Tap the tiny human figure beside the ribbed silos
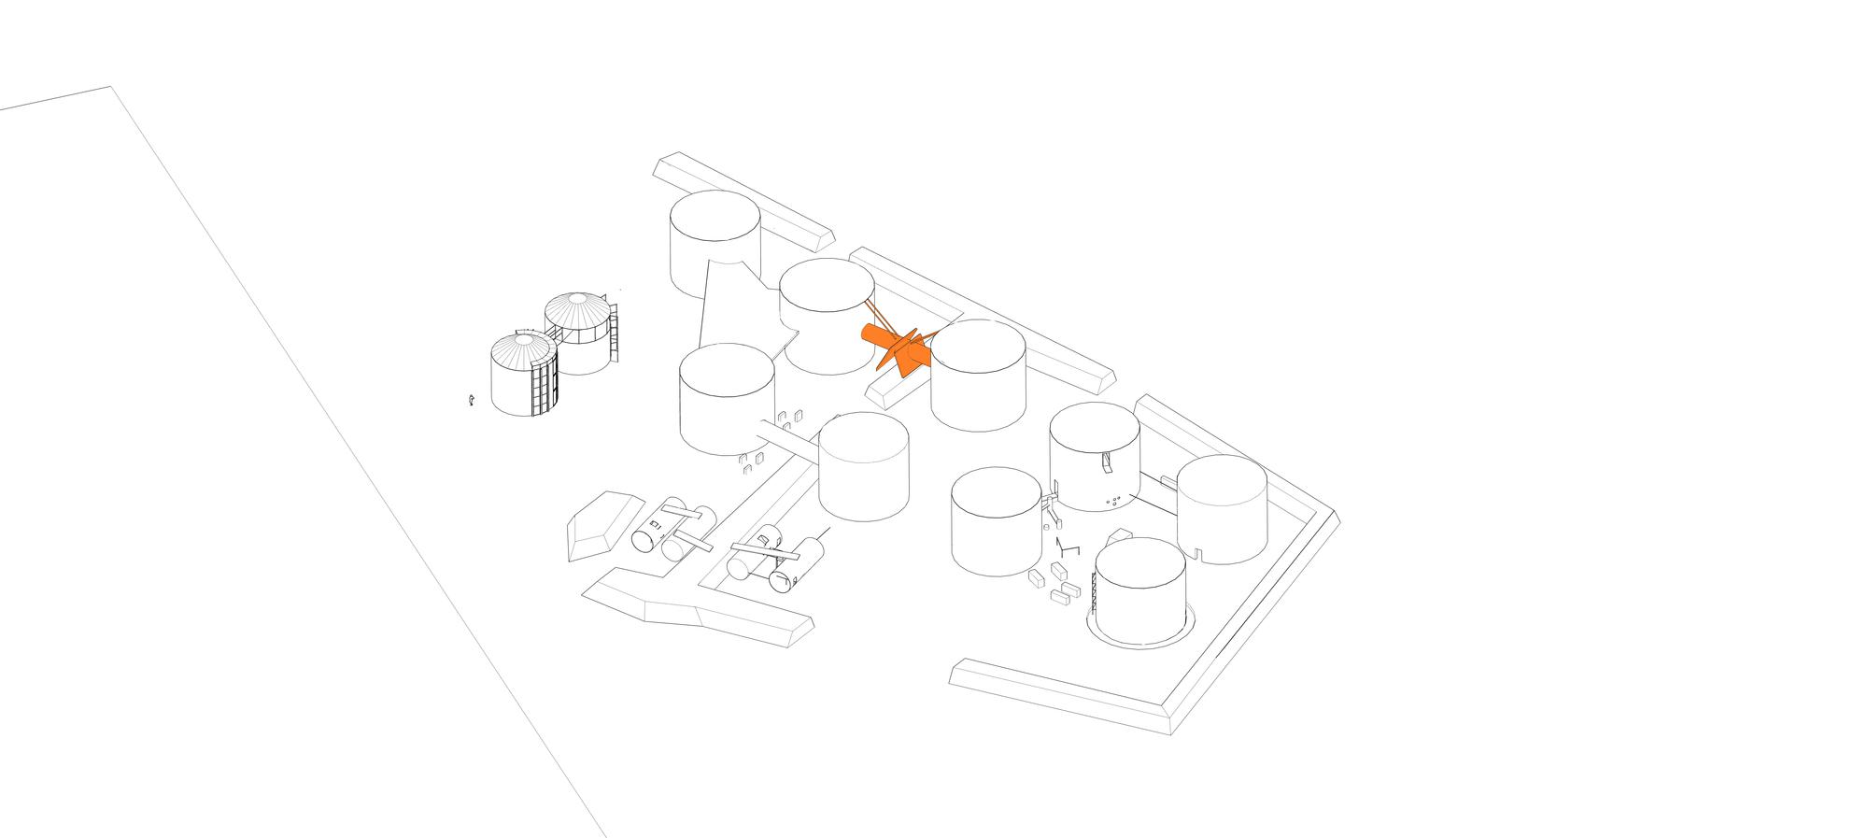tap(472, 400)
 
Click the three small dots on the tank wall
tap(1114, 502)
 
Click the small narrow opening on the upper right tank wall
tap(1107, 462)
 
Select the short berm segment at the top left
tap(743, 201)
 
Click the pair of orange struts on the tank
tap(872, 313)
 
